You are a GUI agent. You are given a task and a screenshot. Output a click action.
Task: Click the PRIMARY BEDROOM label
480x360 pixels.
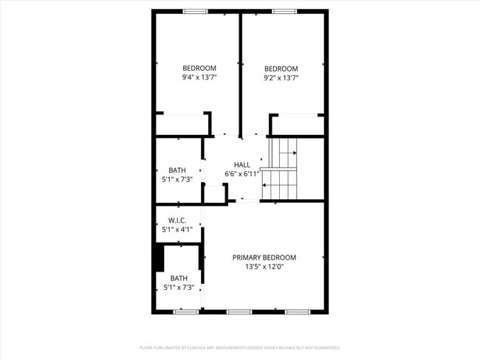[264, 257]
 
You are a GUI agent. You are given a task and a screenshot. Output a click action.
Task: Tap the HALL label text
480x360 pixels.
[242, 165]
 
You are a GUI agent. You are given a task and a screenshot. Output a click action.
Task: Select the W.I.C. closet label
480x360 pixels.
[177, 220]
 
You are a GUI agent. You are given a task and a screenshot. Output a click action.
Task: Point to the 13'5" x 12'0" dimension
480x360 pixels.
[264, 267]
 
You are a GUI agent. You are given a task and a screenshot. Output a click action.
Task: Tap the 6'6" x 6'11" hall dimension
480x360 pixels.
[247, 174]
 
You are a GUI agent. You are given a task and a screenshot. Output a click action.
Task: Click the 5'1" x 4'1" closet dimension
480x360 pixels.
[177, 229]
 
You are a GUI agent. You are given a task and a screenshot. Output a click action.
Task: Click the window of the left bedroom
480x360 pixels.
[195, 11]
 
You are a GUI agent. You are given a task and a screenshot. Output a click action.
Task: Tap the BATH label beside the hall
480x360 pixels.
[177, 170]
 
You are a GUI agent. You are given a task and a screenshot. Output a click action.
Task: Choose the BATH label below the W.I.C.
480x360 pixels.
[179, 278]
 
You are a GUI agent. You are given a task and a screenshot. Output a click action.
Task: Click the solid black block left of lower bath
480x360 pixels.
[158, 257]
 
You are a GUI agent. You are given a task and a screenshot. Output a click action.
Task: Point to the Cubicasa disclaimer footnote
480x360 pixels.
[240, 347]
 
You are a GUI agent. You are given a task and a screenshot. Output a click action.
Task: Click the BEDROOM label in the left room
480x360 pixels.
[199, 68]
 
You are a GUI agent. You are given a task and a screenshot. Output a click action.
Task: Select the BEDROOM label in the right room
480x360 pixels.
[281, 68]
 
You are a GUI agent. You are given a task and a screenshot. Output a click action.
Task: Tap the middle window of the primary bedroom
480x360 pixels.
[239, 311]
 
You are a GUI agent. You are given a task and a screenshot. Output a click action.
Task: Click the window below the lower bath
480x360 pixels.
[185, 311]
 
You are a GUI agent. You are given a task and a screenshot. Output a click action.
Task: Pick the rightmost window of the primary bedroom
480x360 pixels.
[297, 311]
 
